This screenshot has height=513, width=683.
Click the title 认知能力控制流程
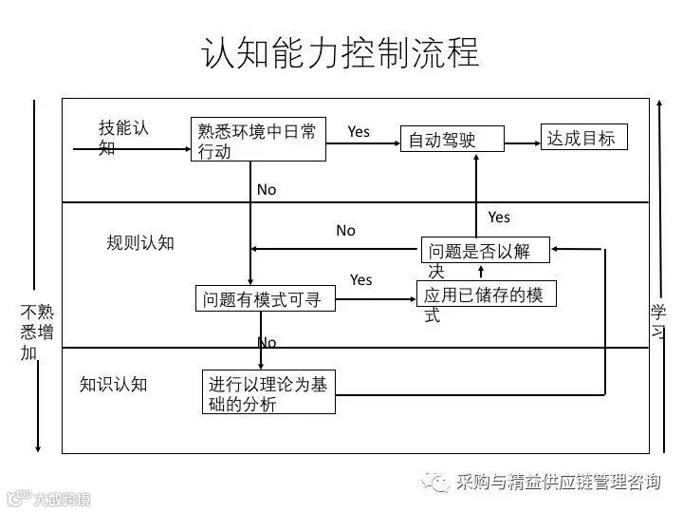coord(341,53)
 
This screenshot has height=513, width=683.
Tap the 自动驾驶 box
coord(451,142)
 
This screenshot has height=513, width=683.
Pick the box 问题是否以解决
coord(485,253)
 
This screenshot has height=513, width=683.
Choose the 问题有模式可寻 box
coord(265,300)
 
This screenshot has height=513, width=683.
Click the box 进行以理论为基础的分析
coord(269,393)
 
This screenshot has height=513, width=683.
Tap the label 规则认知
coord(140,242)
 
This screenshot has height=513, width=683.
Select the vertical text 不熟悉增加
coord(37,332)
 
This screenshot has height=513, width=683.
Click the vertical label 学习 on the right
coord(658,322)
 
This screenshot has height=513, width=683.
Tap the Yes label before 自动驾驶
coord(359,131)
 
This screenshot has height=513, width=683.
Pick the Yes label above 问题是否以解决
coord(499,218)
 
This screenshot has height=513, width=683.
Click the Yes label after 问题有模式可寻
coord(360,279)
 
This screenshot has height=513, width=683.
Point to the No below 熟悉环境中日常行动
coord(267,190)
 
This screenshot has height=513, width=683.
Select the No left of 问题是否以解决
coord(345,231)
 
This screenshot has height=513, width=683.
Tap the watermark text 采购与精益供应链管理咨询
coord(558,482)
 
